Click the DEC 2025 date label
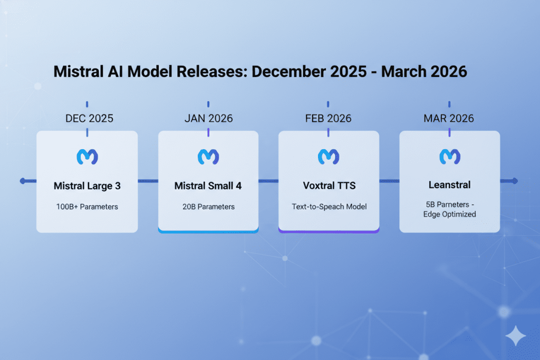point(89,118)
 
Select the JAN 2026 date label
point(208,118)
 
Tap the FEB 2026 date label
point(328,118)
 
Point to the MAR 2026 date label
point(449,118)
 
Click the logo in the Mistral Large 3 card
point(87,157)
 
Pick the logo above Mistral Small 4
point(208,157)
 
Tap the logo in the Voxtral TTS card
point(329,157)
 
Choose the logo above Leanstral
point(449,157)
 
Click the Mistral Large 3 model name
point(87,186)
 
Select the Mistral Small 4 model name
point(208,186)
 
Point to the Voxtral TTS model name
point(329,186)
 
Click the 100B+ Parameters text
point(87,207)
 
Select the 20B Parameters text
point(208,207)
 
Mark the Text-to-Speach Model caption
point(329,207)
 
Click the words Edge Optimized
point(449,214)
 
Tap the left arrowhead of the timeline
point(23,181)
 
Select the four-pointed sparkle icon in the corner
point(515,335)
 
